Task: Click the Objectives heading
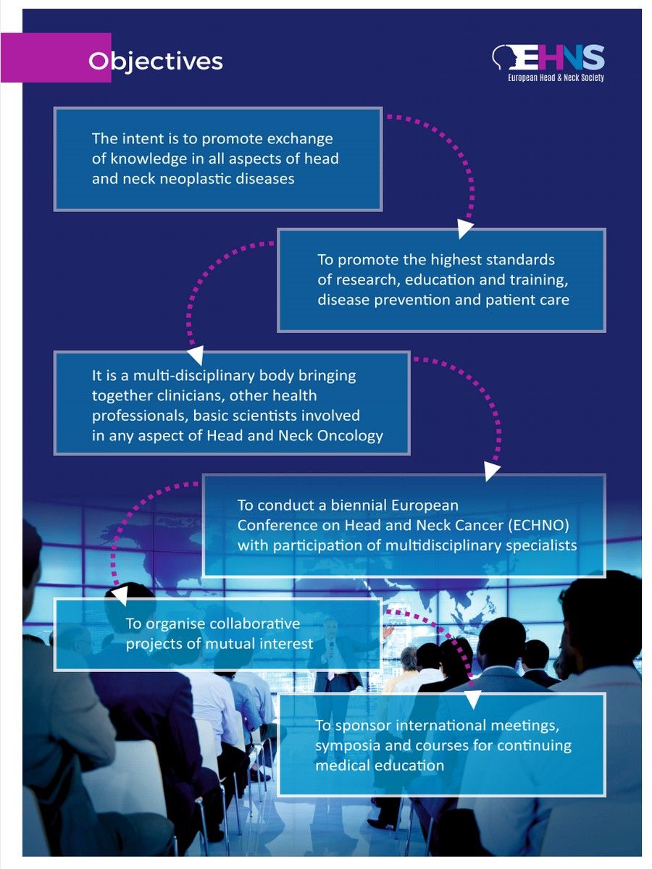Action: (155, 61)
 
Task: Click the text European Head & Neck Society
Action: (556, 77)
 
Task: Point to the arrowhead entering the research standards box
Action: (465, 230)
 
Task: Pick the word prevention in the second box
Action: (403, 300)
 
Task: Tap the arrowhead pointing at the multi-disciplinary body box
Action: (193, 355)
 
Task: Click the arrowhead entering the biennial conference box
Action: (492, 472)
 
